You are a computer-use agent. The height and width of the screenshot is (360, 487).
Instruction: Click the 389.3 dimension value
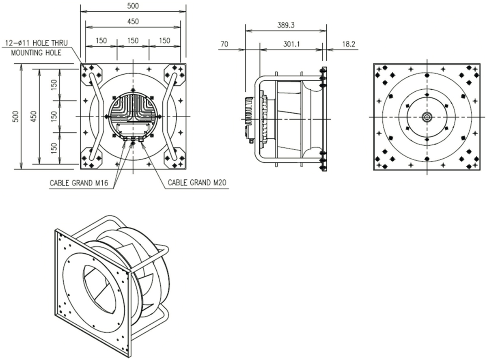click(287, 25)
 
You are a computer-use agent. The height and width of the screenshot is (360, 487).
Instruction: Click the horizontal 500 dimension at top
click(133, 6)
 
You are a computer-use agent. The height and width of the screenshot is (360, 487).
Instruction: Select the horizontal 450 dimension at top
click(133, 21)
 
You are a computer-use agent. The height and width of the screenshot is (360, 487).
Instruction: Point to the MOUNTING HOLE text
click(36, 53)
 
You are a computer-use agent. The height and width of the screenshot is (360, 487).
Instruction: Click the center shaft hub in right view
click(427, 117)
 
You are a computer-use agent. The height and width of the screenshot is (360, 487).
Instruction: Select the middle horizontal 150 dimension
click(133, 41)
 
